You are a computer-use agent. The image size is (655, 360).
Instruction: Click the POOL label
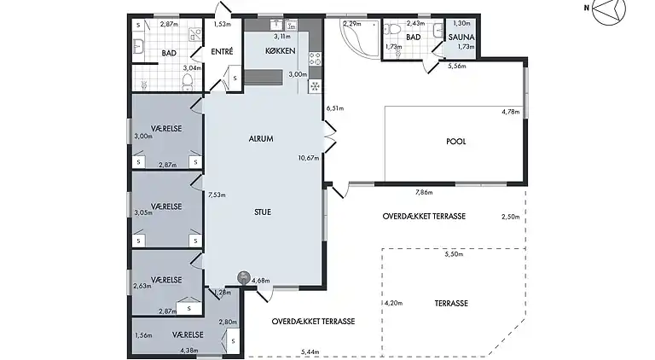[x=455, y=142]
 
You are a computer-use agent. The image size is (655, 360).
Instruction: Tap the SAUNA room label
[x=461, y=38]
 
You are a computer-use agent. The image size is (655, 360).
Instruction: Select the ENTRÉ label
[x=222, y=52]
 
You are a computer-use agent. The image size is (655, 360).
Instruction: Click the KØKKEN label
[x=281, y=51]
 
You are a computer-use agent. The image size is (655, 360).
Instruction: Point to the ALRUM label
[x=261, y=139]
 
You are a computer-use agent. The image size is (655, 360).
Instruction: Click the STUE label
[x=263, y=212]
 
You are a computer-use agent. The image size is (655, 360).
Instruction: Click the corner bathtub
[x=360, y=38]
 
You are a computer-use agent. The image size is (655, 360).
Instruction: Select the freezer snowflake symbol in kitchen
[x=315, y=87]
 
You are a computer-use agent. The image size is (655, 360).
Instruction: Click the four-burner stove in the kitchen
[x=315, y=60]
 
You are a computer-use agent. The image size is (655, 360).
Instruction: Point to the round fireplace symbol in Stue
[x=244, y=277]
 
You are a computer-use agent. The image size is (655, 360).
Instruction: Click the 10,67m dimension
[x=309, y=158]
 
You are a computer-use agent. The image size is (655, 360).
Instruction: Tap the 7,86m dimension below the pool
[x=424, y=193]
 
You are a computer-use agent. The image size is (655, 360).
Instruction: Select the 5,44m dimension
[x=310, y=353]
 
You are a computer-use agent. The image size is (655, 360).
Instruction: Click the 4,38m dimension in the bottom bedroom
[x=188, y=351]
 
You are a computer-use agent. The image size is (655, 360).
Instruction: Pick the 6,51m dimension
[x=335, y=108]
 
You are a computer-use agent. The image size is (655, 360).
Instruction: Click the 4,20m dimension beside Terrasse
[x=393, y=303]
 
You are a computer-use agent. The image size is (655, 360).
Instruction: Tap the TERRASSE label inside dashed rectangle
[x=451, y=304]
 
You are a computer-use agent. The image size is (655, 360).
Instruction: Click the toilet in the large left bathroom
[x=187, y=82]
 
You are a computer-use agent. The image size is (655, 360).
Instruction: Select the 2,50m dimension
[x=511, y=217]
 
